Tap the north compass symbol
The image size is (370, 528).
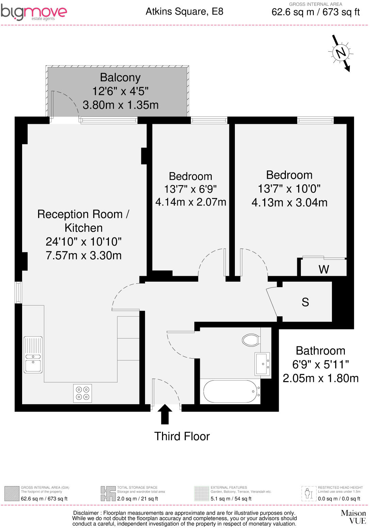coord(341,53)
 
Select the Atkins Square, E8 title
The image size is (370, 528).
coord(184,12)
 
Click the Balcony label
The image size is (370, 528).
coord(120,78)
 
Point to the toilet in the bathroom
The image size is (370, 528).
coord(251,340)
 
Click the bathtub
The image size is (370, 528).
coord(230,392)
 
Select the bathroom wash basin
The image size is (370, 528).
coord(262,364)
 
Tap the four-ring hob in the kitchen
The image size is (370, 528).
coord(82,393)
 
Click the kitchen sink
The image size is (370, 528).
coord(33,355)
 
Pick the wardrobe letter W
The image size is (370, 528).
coord(324,269)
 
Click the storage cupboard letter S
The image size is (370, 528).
coord(305,302)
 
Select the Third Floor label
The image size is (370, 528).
coord(182,436)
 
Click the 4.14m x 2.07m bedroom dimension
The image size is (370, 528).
coord(191,202)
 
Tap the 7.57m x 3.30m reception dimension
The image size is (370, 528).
coord(83,255)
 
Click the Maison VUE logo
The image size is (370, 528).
coord(353,516)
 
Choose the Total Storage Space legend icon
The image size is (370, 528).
coord(108,494)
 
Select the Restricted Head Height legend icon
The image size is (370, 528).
coord(308,494)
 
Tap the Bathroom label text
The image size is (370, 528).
coord(320,351)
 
